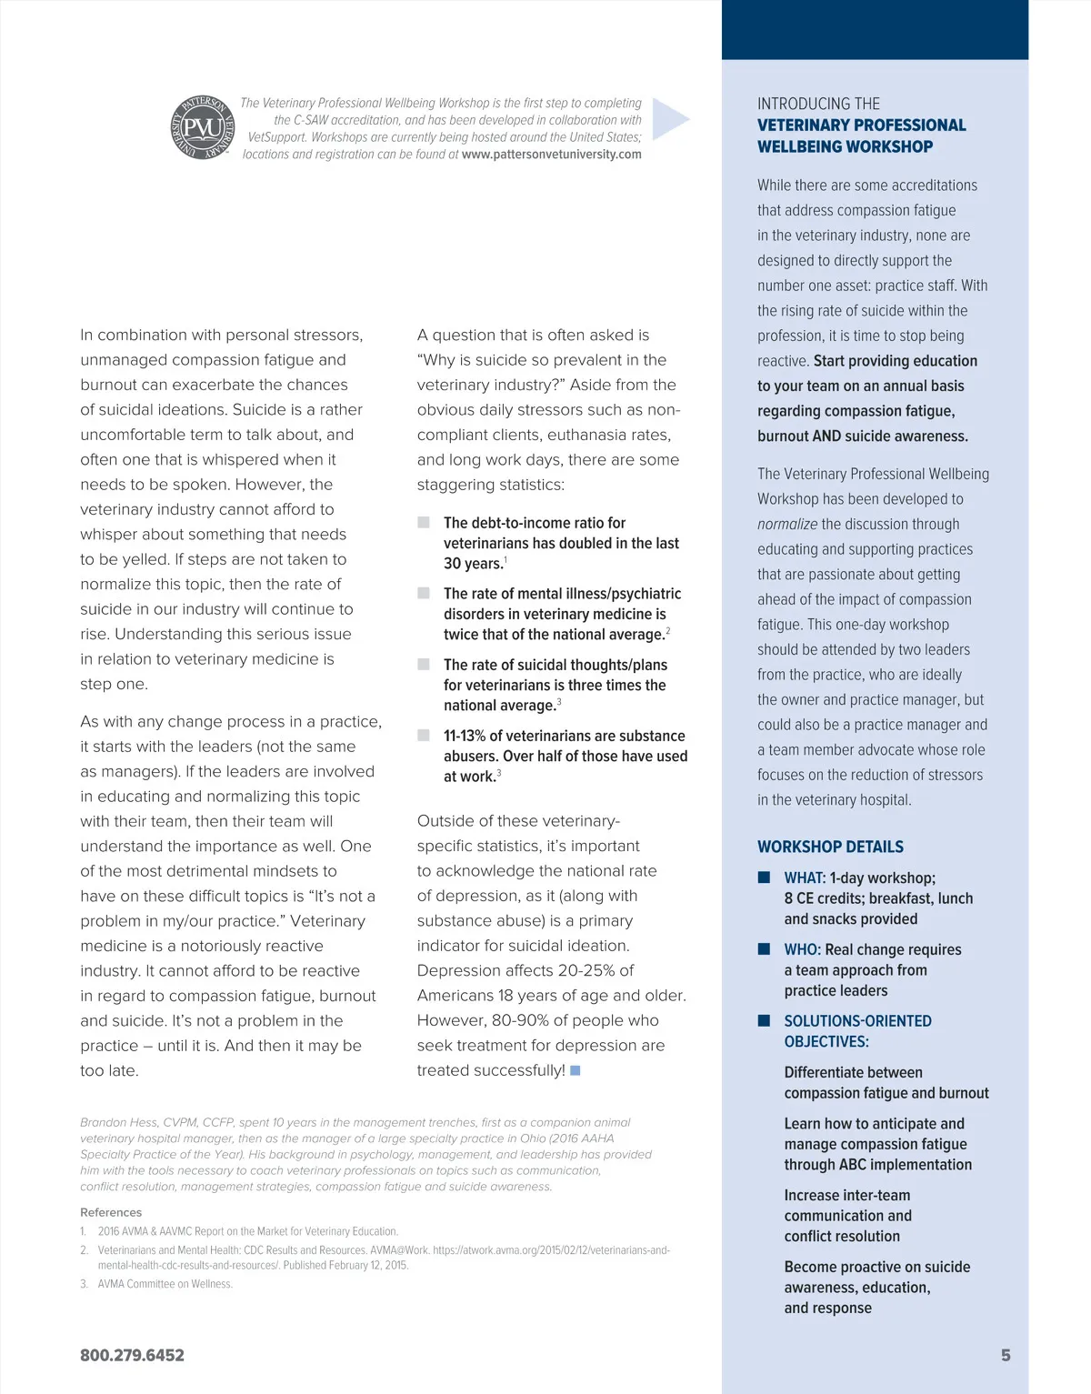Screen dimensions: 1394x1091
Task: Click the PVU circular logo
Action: click(203, 127)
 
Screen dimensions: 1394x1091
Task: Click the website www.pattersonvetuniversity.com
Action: click(551, 155)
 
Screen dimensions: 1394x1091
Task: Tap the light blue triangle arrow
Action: click(670, 119)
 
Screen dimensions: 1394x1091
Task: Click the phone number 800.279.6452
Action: click(132, 1355)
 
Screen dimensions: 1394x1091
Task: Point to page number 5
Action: click(1006, 1355)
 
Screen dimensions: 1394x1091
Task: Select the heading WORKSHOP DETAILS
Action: click(830, 847)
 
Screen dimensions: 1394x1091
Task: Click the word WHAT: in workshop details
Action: click(805, 878)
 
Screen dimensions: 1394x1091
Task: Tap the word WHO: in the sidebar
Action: click(802, 949)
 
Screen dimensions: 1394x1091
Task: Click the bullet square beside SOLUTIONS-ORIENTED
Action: click(765, 1020)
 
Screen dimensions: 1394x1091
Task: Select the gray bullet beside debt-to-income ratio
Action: click(424, 522)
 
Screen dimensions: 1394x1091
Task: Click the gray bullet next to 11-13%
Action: click(424, 735)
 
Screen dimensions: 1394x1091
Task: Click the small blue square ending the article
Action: click(575, 1070)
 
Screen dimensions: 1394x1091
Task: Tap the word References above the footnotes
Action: click(111, 1212)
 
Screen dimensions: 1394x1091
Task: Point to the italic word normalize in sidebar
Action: click(787, 524)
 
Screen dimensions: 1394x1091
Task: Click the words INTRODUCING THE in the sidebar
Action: click(818, 104)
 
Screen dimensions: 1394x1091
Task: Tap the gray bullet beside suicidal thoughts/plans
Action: click(424, 664)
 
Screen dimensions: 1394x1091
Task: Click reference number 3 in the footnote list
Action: click(84, 1284)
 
